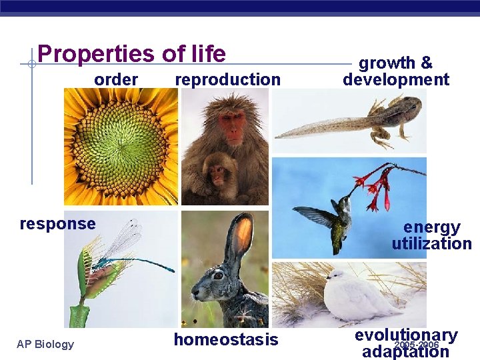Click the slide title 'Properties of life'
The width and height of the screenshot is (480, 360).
click(x=131, y=53)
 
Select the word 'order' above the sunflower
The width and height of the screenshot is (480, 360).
click(x=116, y=80)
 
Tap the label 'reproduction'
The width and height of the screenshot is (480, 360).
click(x=227, y=80)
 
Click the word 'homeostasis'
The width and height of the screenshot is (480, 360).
click(x=226, y=340)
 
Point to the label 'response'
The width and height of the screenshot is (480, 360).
click(x=57, y=224)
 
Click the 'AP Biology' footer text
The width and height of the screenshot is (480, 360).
click(x=45, y=344)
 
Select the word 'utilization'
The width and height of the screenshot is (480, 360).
click(x=431, y=244)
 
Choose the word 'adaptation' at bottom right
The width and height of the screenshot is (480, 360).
click(x=405, y=351)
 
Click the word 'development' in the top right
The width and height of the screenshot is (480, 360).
click(x=396, y=80)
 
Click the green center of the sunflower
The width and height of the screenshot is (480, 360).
click(x=120, y=145)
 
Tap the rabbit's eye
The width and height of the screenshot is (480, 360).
click(x=218, y=275)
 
